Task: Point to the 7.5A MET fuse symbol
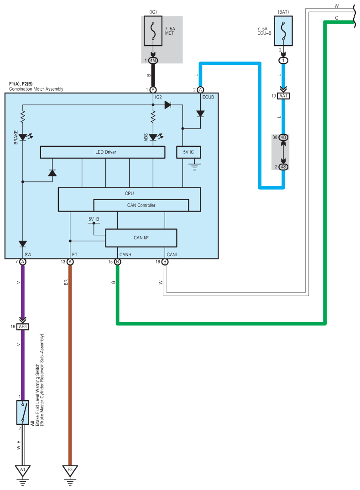pos(153,31)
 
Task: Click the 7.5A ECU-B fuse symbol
pos(283,31)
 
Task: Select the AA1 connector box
pos(283,96)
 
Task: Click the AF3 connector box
pos(23,326)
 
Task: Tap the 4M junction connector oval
pos(153,60)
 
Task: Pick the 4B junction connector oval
pos(283,137)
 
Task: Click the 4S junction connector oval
pos(283,167)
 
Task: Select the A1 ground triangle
pos(23,470)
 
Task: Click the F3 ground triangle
pos(70,470)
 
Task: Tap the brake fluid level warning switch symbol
pos(23,413)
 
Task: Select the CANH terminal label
pos(125,255)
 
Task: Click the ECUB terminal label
pos(208,97)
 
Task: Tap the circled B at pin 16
pos(165,262)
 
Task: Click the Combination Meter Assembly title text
pos(36,89)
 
